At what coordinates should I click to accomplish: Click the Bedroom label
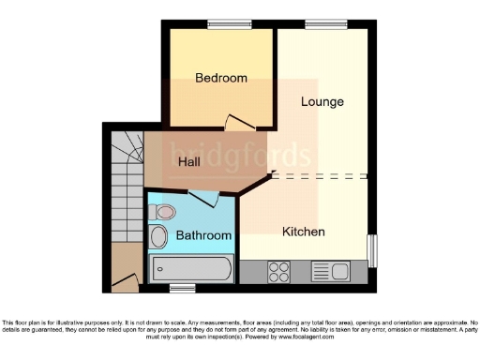coord(221,78)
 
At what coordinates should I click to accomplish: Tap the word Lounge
coord(322,101)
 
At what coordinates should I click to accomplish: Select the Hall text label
coord(188,161)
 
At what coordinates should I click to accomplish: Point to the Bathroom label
coord(204,235)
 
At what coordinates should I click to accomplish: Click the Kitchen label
coord(304,231)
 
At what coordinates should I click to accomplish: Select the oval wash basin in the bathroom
coord(159,235)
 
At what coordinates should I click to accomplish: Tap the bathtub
coord(192,270)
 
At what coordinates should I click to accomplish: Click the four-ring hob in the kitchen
coord(278,272)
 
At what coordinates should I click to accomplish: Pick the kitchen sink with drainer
coord(328,272)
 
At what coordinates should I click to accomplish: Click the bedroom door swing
coord(240,122)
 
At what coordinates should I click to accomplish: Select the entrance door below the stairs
coord(123,278)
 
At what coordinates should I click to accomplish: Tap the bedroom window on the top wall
coord(221,24)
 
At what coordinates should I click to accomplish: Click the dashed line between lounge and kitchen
coord(319,175)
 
